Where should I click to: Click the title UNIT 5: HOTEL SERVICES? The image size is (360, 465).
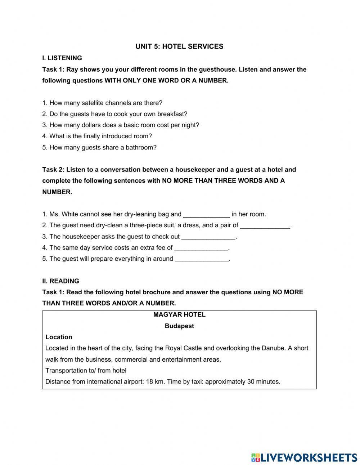pos(179,46)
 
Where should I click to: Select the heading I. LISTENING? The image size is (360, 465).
pos(62,58)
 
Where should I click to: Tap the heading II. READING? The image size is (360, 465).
pos(60,281)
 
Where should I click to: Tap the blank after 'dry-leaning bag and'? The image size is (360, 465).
pos(206,215)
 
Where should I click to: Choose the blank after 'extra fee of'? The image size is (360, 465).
pos(201,248)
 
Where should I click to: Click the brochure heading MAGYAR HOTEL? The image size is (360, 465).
pos(179,315)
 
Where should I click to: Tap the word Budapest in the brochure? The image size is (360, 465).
pos(179,326)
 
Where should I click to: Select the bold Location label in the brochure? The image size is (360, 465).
pos(59,337)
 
